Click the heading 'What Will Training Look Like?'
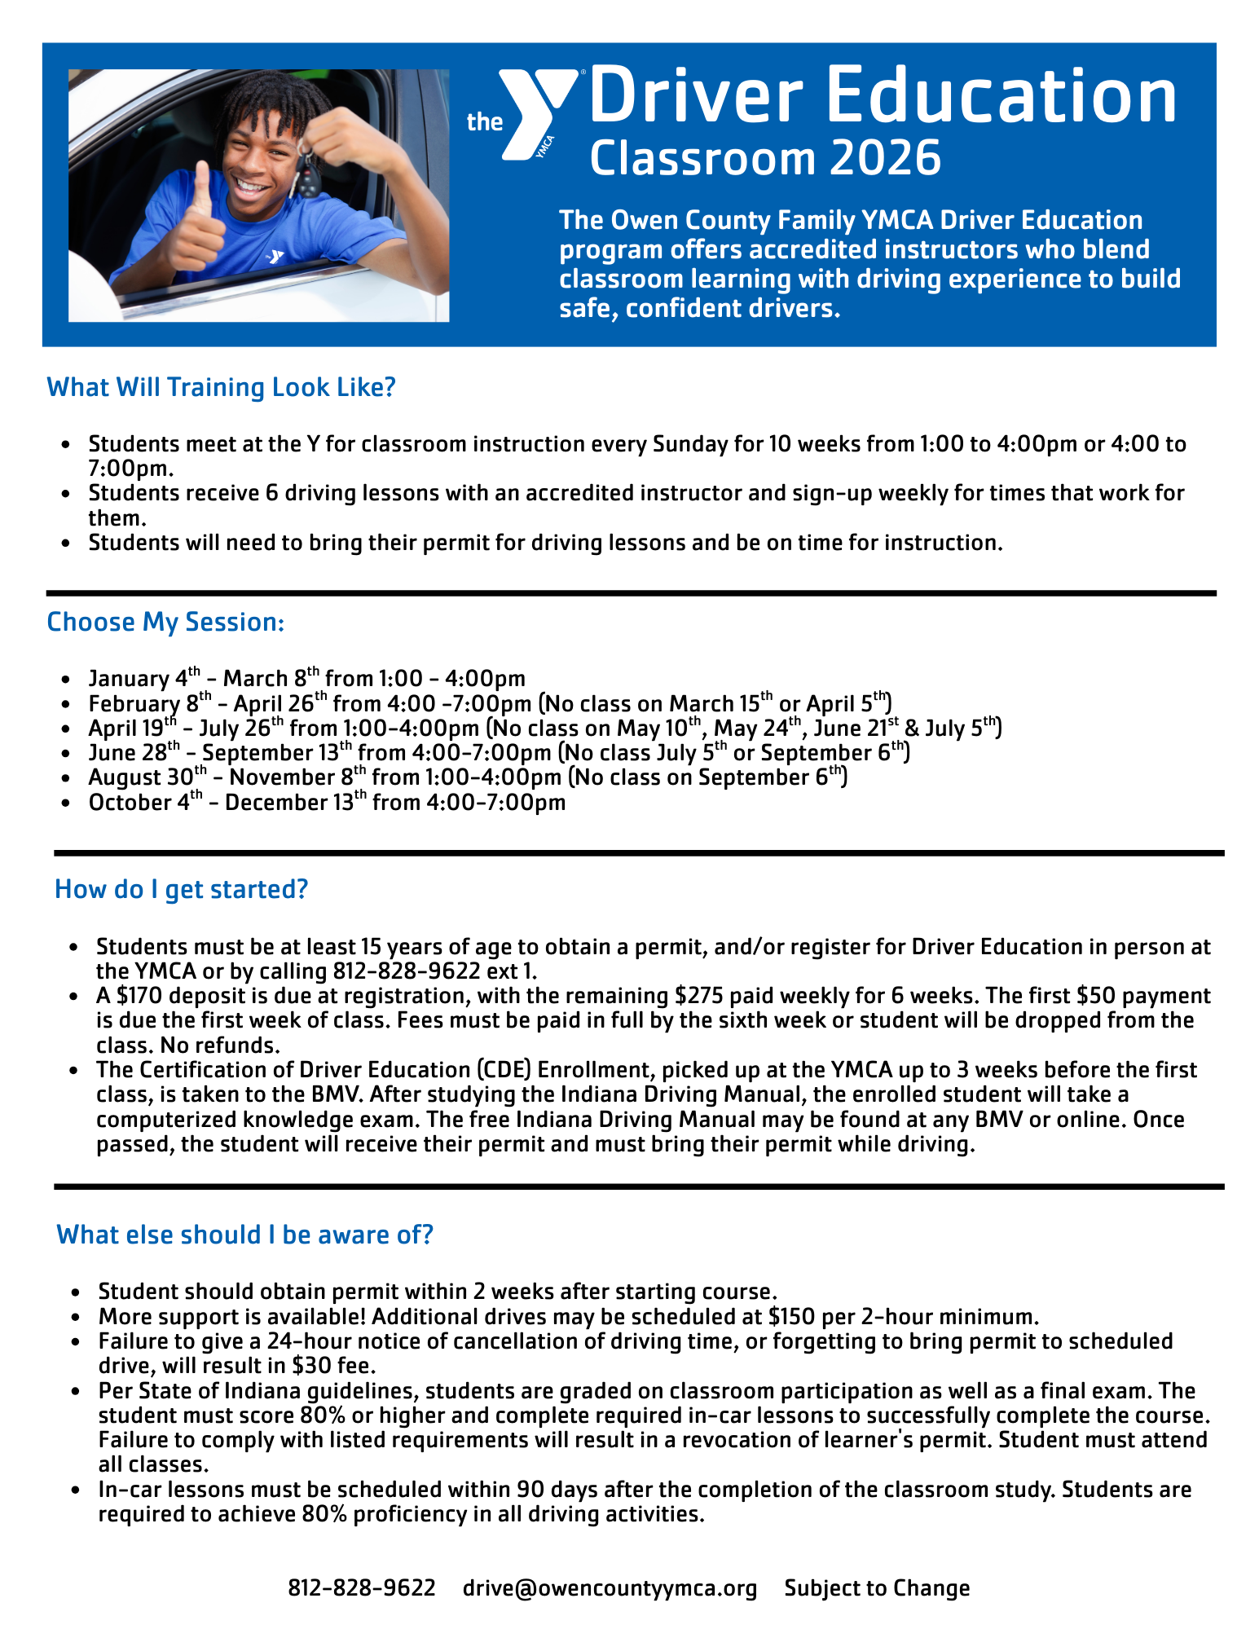point(221,387)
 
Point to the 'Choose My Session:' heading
point(165,622)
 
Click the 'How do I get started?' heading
point(181,889)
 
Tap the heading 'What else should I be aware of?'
point(244,1235)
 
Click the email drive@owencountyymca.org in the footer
point(610,1587)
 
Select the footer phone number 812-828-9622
point(362,1587)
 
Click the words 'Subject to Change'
point(877,1587)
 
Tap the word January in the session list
point(129,679)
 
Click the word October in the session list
point(130,803)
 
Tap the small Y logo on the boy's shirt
point(275,257)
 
